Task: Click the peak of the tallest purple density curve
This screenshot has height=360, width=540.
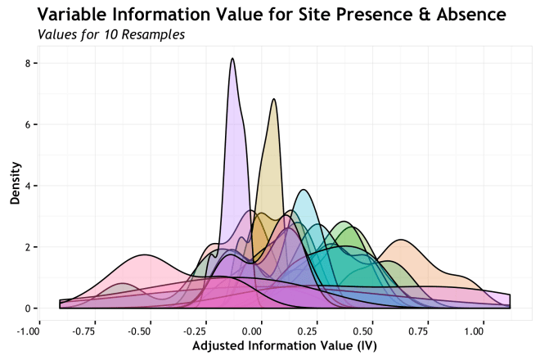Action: click(x=233, y=59)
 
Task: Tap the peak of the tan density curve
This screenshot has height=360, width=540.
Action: click(x=274, y=99)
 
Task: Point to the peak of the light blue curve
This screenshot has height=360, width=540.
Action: click(x=304, y=190)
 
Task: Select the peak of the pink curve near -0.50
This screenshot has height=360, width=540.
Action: click(x=143, y=254)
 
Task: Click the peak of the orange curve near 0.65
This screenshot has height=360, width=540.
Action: click(x=401, y=240)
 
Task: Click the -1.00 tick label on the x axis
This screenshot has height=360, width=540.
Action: click(x=29, y=332)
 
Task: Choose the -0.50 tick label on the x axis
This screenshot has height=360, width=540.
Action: click(x=138, y=332)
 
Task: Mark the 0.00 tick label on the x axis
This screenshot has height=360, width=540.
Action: click(x=250, y=332)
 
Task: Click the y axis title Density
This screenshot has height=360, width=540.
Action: click(x=15, y=186)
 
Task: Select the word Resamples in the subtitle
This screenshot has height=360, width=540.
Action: click(x=151, y=35)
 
